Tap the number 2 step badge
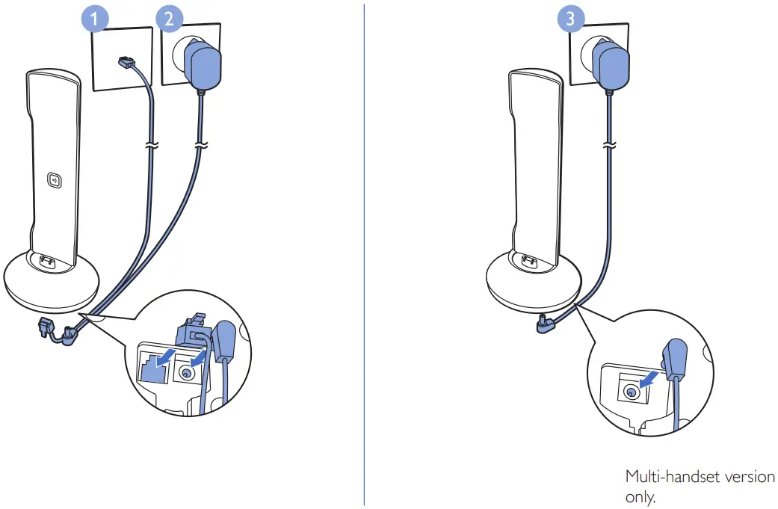click(x=168, y=19)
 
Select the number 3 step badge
click(x=572, y=19)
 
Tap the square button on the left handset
click(x=54, y=179)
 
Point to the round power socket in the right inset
click(x=632, y=392)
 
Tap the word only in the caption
click(x=639, y=497)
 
